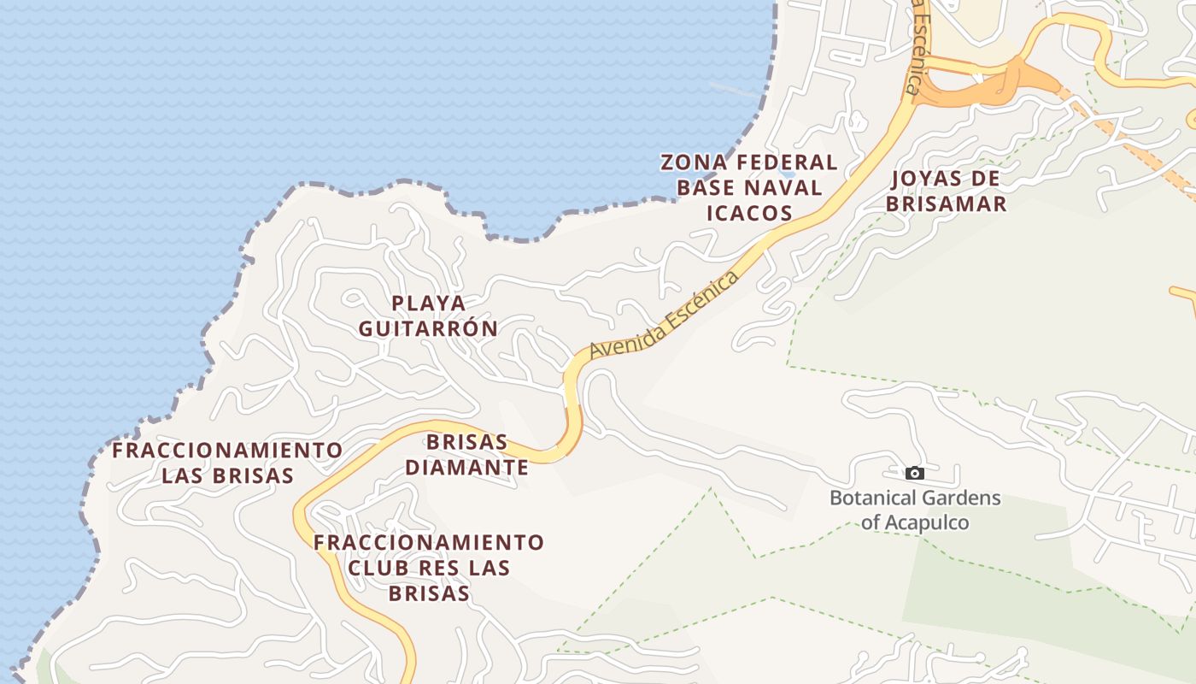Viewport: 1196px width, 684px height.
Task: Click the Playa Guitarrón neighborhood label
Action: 428,315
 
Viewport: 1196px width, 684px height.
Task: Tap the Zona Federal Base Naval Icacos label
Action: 749,187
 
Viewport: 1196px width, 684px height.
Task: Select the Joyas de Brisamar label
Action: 947,191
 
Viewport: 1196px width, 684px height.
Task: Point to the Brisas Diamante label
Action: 466,455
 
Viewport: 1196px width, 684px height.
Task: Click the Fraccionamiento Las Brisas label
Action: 227,463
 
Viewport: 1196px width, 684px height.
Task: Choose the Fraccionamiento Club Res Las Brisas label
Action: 428,568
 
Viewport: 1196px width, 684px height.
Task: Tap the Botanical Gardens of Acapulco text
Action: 915,510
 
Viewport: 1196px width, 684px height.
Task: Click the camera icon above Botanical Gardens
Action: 914,473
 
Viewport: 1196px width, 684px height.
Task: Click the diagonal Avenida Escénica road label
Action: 664,315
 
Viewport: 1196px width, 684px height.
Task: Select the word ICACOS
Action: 749,213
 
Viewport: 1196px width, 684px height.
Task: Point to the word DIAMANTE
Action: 466,468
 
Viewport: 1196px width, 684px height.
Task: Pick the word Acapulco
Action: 927,522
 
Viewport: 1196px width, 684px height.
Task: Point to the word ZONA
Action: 695,162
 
